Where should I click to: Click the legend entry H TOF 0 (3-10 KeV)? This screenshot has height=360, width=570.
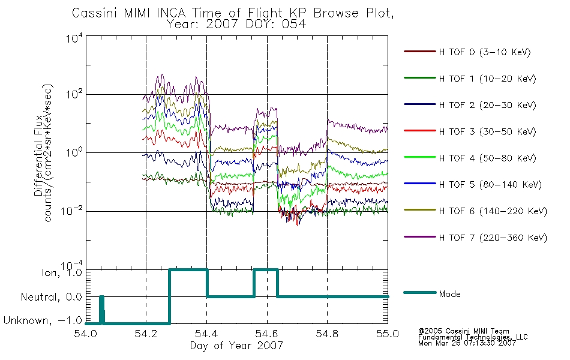click(485, 52)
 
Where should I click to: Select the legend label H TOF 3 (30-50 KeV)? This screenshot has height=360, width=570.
click(487, 131)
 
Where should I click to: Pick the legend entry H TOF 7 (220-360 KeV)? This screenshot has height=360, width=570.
click(493, 238)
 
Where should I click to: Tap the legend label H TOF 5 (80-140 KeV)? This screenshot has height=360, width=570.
click(490, 185)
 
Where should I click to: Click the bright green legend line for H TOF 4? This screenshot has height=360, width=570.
click(420, 157)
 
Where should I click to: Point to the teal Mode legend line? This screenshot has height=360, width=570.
click(420, 292)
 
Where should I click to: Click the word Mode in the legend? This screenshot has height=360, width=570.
click(449, 294)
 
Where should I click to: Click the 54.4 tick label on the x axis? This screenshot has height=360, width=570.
click(206, 334)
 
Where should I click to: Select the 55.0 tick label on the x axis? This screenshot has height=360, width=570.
click(388, 334)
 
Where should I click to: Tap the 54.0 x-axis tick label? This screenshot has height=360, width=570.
click(85, 334)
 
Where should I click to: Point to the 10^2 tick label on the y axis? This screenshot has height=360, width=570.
click(74, 95)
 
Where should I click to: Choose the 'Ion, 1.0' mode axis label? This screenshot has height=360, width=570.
click(62, 273)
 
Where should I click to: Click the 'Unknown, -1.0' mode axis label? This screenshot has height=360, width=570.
click(43, 320)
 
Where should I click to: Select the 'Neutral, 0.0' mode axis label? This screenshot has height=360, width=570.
click(52, 297)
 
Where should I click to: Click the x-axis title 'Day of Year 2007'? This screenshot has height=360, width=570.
click(236, 346)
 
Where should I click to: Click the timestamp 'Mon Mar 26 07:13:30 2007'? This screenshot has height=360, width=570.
click(467, 343)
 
